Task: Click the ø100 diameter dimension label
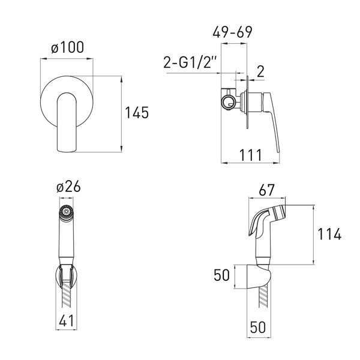tap(67, 47)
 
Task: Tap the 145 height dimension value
tap(137, 113)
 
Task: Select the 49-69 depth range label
tap(232, 32)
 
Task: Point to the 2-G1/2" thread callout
tap(190, 62)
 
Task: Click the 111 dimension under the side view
tap(250, 155)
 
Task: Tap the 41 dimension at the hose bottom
tap(67, 320)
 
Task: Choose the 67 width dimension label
tap(267, 190)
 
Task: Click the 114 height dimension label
tap(329, 235)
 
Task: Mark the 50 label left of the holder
tap(221, 275)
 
